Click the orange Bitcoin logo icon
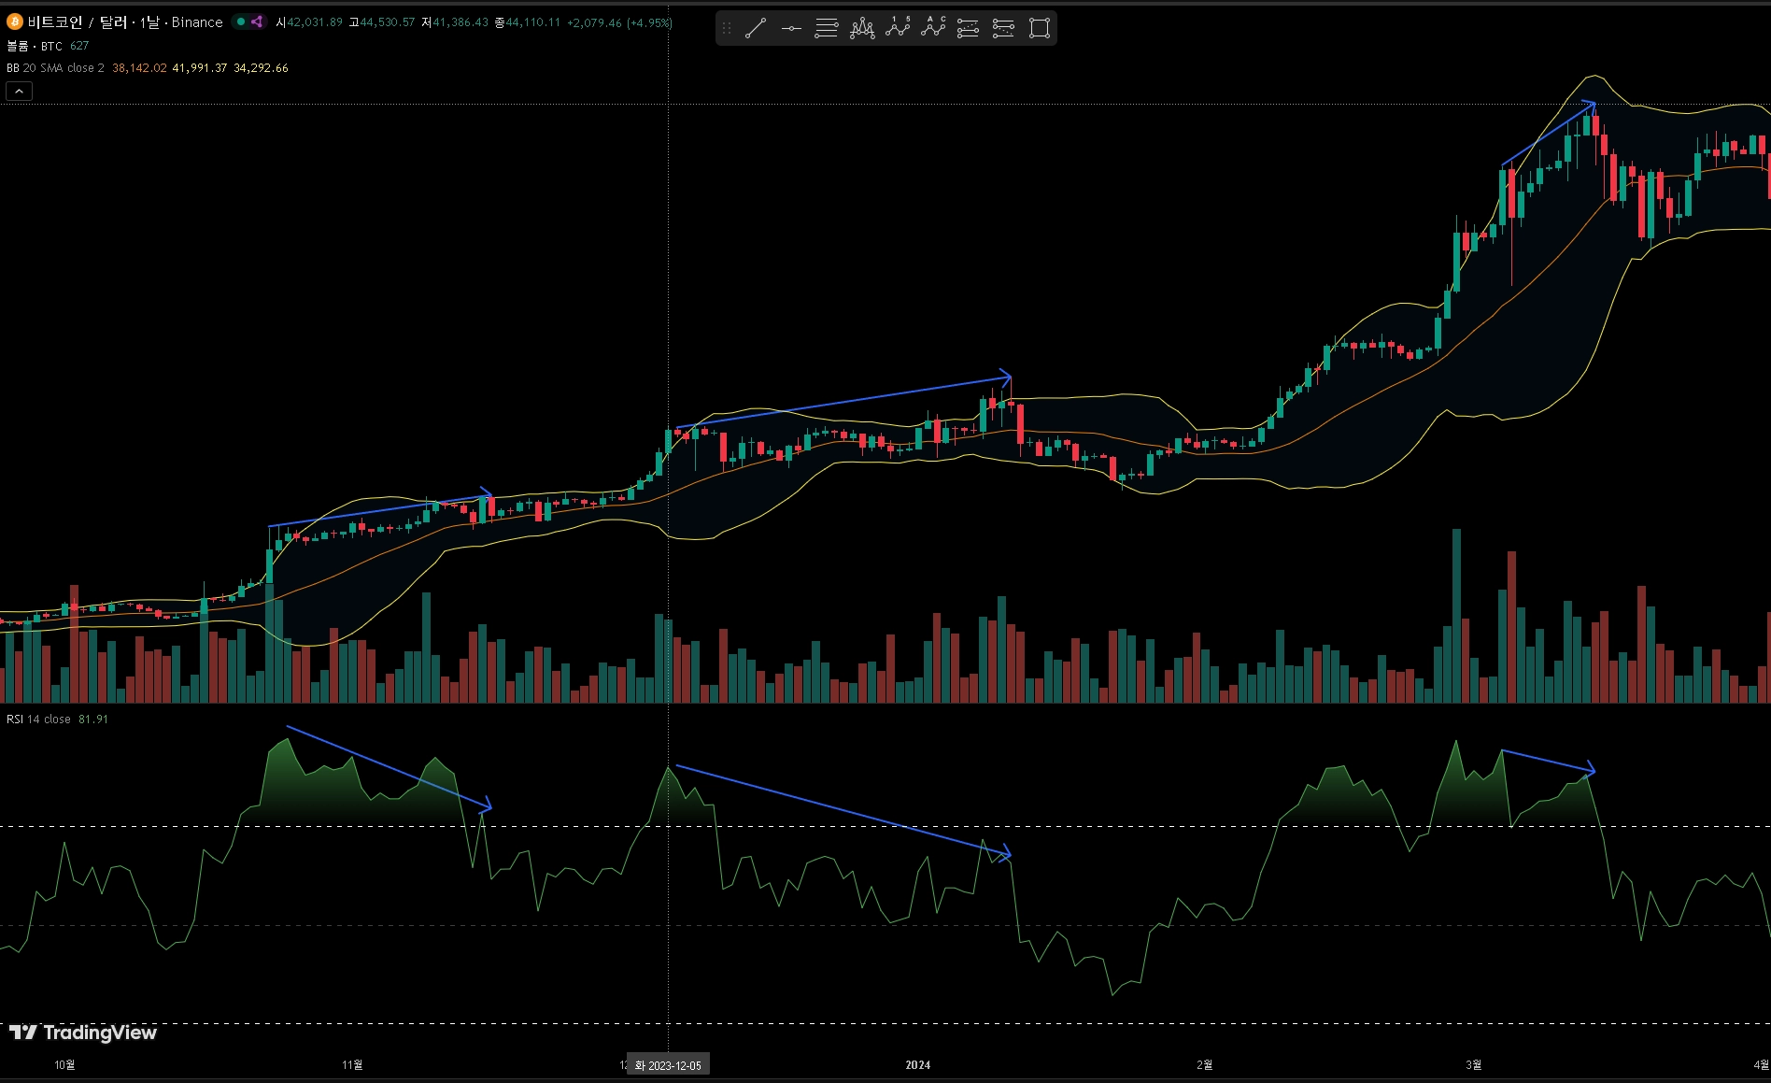click(x=14, y=21)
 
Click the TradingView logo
click(x=83, y=1033)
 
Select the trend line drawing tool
click(x=756, y=28)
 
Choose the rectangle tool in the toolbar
click(x=1039, y=28)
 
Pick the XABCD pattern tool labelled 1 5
click(x=898, y=27)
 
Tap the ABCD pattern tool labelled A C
click(x=933, y=27)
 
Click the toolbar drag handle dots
click(x=727, y=28)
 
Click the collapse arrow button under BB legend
click(x=19, y=91)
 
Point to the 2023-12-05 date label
click(x=668, y=1065)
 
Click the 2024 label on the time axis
click(x=917, y=1065)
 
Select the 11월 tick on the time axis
click(x=352, y=1065)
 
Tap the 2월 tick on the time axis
click(x=1205, y=1065)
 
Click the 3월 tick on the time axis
click(x=1473, y=1065)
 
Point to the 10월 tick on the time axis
click(x=64, y=1065)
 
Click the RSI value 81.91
click(x=93, y=720)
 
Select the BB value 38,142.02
click(x=139, y=68)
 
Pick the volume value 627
click(x=79, y=46)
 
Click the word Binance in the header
click(x=197, y=22)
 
